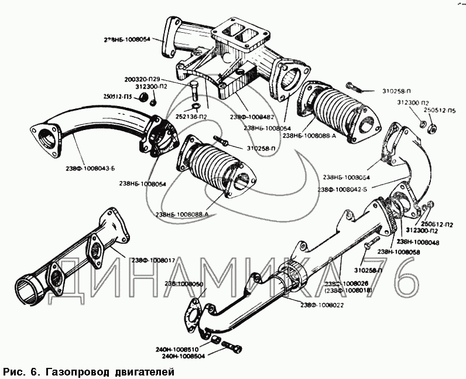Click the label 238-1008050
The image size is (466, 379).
pyautogui.click(x=184, y=284)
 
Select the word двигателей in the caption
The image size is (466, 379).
pyautogui.click(x=145, y=371)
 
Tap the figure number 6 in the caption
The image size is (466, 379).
pyautogui.click(x=33, y=371)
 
